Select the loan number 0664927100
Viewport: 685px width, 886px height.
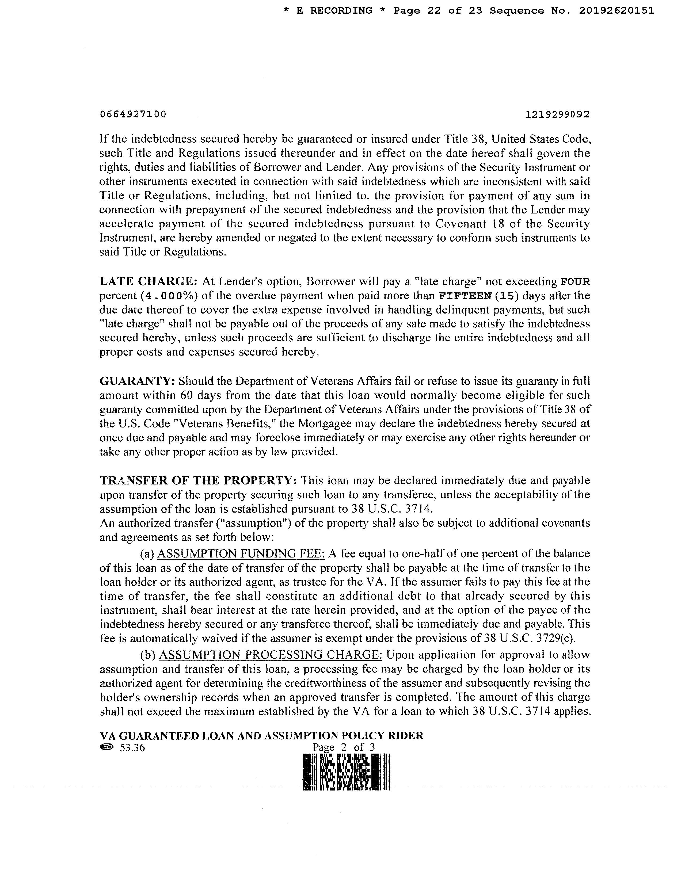click(x=133, y=114)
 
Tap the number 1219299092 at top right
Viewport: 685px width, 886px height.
click(x=557, y=115)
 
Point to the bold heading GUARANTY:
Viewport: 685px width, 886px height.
click(x=137, y=381)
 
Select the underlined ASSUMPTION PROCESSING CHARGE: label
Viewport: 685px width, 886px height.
click(x=270, y=655)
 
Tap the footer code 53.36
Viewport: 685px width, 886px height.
click(x=132, y=748)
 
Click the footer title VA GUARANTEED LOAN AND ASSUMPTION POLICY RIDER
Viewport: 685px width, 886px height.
click(x=261, y=735)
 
